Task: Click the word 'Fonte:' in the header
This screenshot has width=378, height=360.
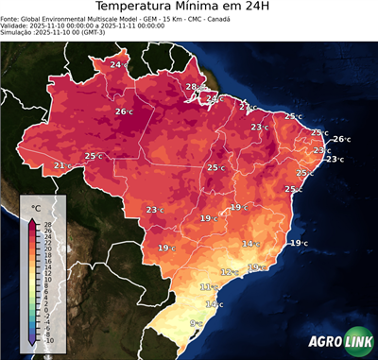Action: tap(11, 18)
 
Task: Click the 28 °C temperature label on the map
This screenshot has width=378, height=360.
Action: tap(193, 87)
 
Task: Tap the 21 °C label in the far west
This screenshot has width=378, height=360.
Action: tap(62, 166)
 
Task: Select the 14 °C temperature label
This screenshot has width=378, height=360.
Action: tap(249, 244)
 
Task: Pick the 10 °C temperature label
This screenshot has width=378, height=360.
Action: tap(215, 304)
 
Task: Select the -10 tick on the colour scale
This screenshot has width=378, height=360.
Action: tap(48, 340)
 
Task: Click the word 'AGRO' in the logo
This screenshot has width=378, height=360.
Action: tap(325, 341)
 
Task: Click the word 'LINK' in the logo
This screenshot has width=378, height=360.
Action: tap(357, 341)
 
